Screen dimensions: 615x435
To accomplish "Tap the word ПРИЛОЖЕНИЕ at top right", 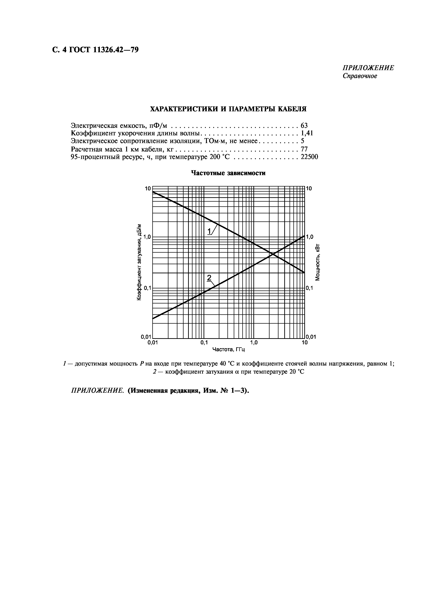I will click(x=368, y=68).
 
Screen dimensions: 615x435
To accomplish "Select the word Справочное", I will click(x=360, y=76).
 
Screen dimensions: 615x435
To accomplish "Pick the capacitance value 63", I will click(x=304, y=125).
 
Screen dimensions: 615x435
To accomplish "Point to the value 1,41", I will click(x=307, y=133).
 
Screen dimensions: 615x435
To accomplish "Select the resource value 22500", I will click(x=309, y=157).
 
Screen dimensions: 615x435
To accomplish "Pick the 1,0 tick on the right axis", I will click(x=310, y=237).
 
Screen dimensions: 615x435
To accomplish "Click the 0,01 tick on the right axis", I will click(x=311, y=337).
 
